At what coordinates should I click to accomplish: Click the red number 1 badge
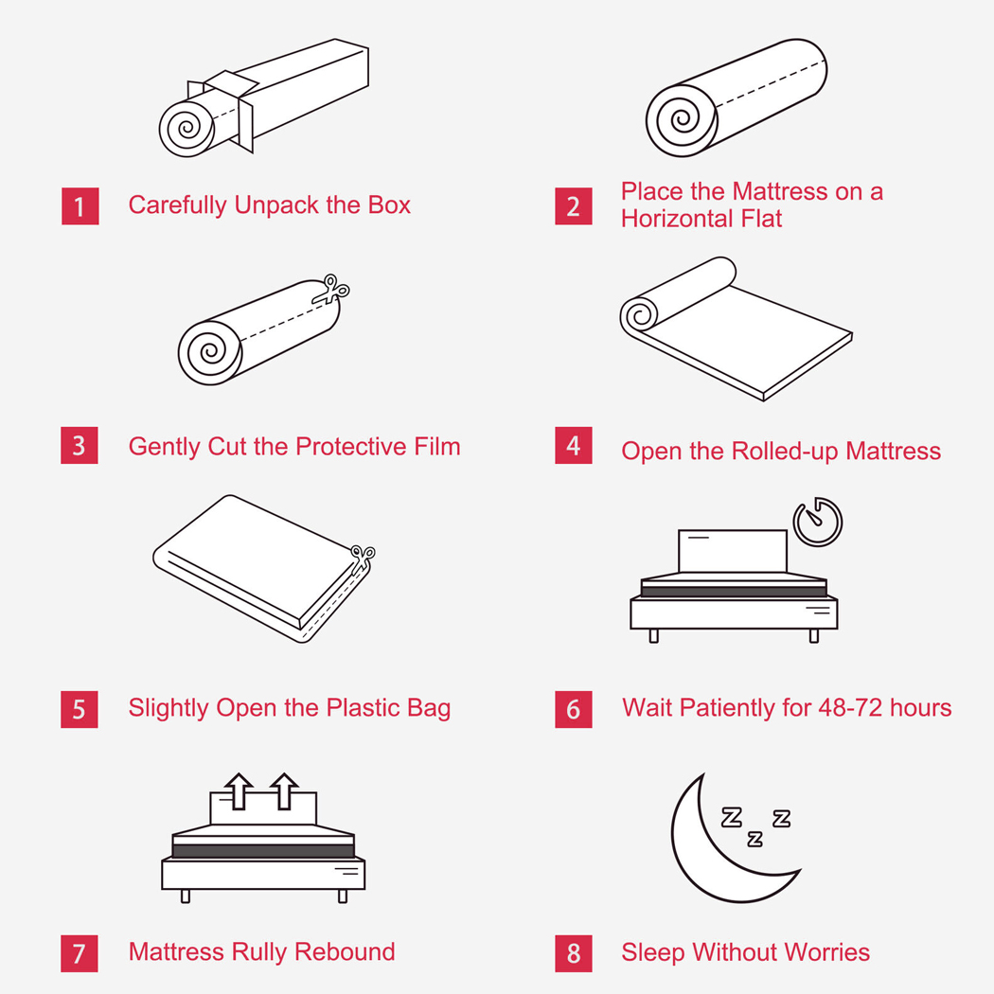[80, 206]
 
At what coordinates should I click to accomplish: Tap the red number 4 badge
[574, 445]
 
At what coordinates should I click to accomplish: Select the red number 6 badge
[574, 709]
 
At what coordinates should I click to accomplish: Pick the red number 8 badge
[574, 953]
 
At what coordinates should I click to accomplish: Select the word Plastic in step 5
[363, 708]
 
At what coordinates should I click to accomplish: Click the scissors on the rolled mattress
[331, 290]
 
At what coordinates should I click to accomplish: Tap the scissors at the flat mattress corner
[363, 559]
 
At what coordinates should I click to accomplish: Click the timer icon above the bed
[818, 522]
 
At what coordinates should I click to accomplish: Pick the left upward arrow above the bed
[239, 790]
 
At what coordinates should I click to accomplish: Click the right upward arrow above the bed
[284, 790]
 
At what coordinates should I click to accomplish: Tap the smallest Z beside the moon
[754, 839]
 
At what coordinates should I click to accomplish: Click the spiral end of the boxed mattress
[187, 128]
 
